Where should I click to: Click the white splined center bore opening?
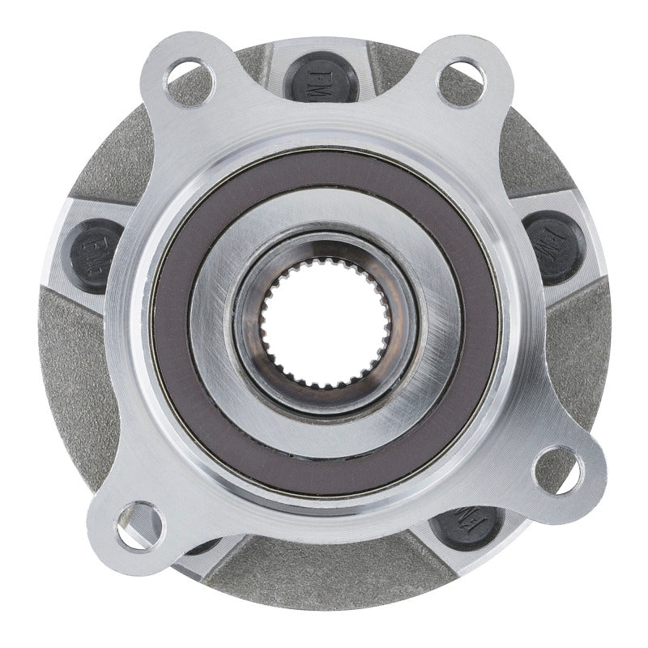coord(324,324)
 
